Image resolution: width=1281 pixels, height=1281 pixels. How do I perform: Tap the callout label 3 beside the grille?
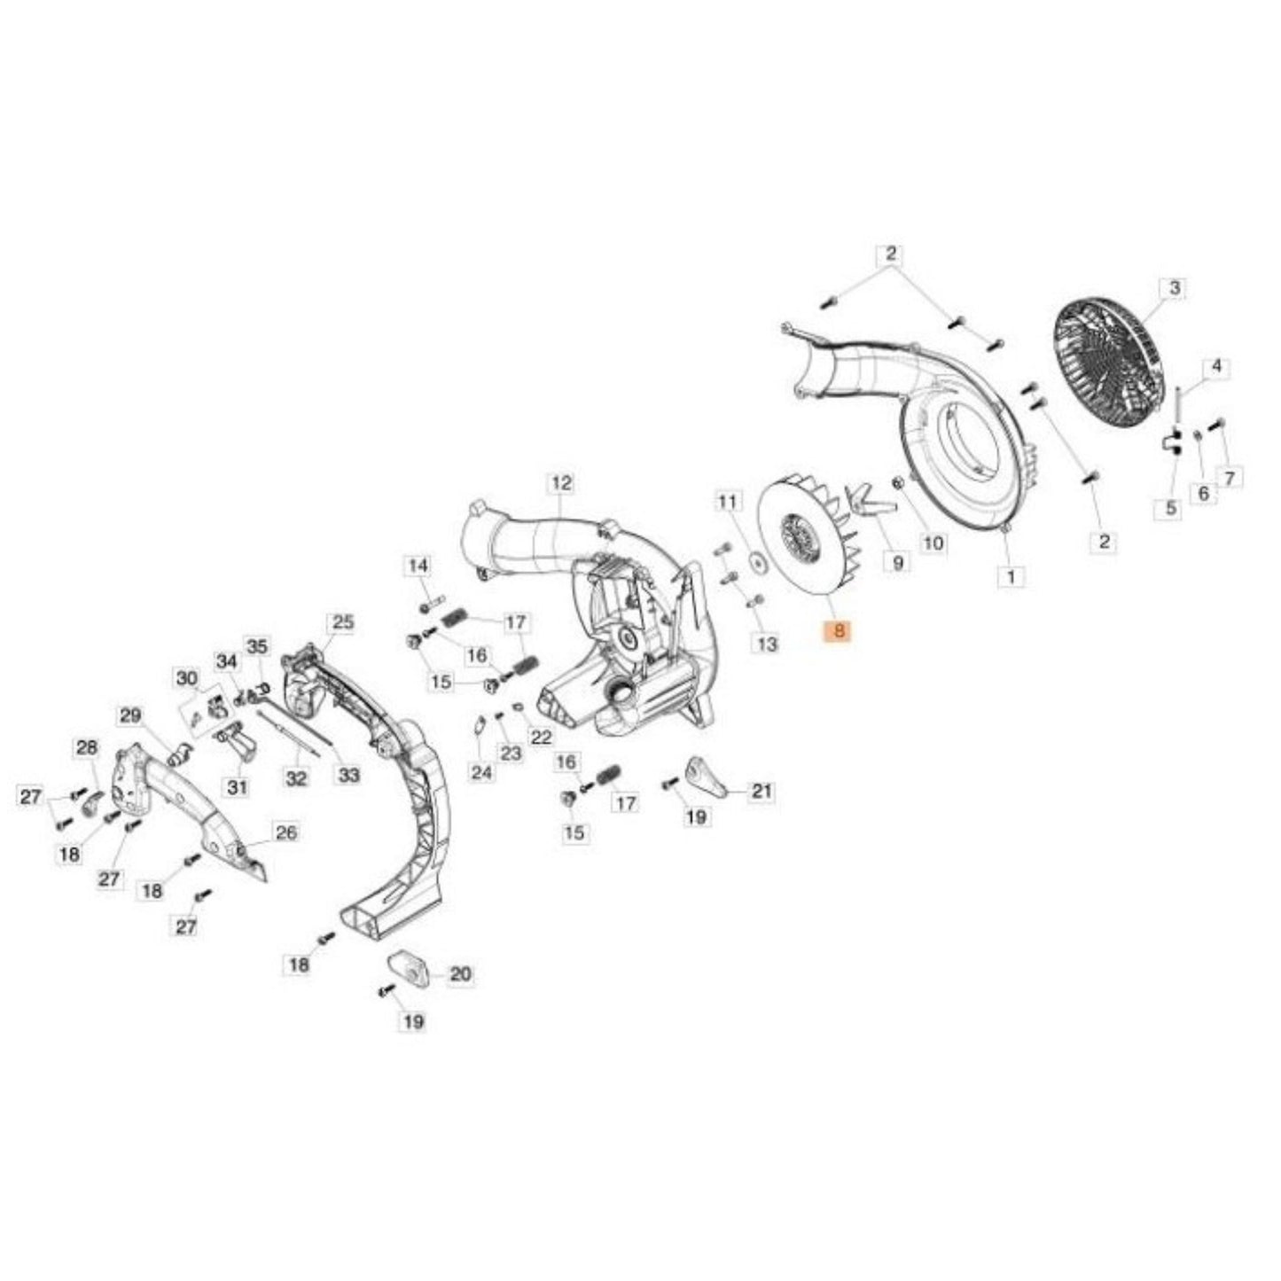(1174, 288)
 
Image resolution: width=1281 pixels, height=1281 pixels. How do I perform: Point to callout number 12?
(561, 482)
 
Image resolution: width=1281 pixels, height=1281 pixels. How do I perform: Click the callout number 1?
(1012, 575)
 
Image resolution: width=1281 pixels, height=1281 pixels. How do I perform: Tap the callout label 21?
(762, 791)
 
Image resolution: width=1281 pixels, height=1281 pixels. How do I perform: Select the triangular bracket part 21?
(707, 776)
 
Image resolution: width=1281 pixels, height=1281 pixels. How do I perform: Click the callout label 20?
(460, 974)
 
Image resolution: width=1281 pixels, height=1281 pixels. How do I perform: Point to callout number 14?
(418, 566)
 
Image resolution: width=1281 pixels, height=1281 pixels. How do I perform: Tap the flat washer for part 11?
(756, 559)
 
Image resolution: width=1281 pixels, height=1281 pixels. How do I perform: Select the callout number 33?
(349, 775)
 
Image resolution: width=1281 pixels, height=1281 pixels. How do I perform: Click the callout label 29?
(130, 716)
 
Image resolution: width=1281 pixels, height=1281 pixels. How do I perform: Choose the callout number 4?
(1216, 366)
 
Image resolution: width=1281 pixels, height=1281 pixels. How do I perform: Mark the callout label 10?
(933, 543)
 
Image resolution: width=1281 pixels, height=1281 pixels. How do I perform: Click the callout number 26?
(286, 832)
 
